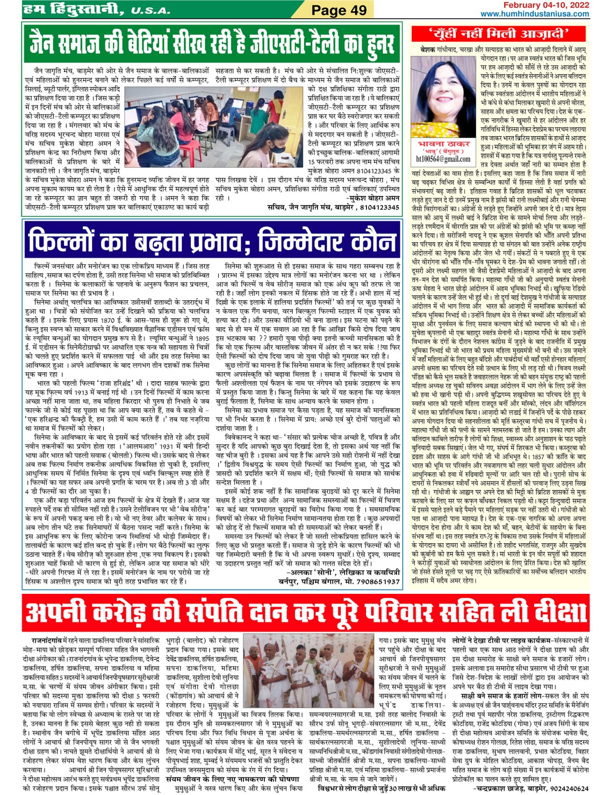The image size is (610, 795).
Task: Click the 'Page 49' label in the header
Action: pyautogui.click(x=339, y=10)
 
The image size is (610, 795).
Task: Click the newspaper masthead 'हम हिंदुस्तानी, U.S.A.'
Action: pyautogui.click(x=97, y=9)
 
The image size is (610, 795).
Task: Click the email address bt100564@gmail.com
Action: pyautogui.click(x=443, y=159)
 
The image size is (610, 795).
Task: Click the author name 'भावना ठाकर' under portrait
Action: pyautogui.click(x=443, y=144)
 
